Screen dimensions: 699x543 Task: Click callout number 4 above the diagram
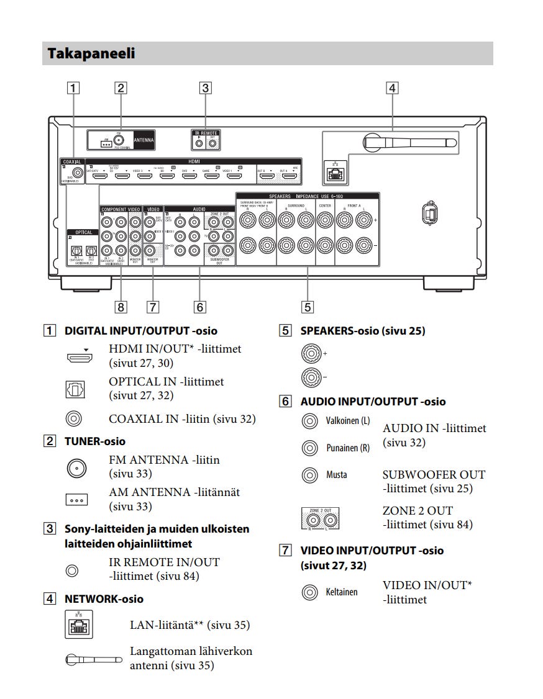[391, 88]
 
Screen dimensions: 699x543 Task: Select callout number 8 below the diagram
[121, 306]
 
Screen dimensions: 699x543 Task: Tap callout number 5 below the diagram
[307, 306]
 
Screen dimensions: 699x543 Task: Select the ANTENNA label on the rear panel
[143, 140]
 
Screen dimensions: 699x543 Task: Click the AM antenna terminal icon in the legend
[77, 499]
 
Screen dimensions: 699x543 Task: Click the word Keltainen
[342, 592]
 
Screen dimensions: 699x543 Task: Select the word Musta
[337, 475]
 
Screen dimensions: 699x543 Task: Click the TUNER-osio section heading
[94, 441]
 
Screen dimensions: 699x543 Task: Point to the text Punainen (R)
[347, 448]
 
